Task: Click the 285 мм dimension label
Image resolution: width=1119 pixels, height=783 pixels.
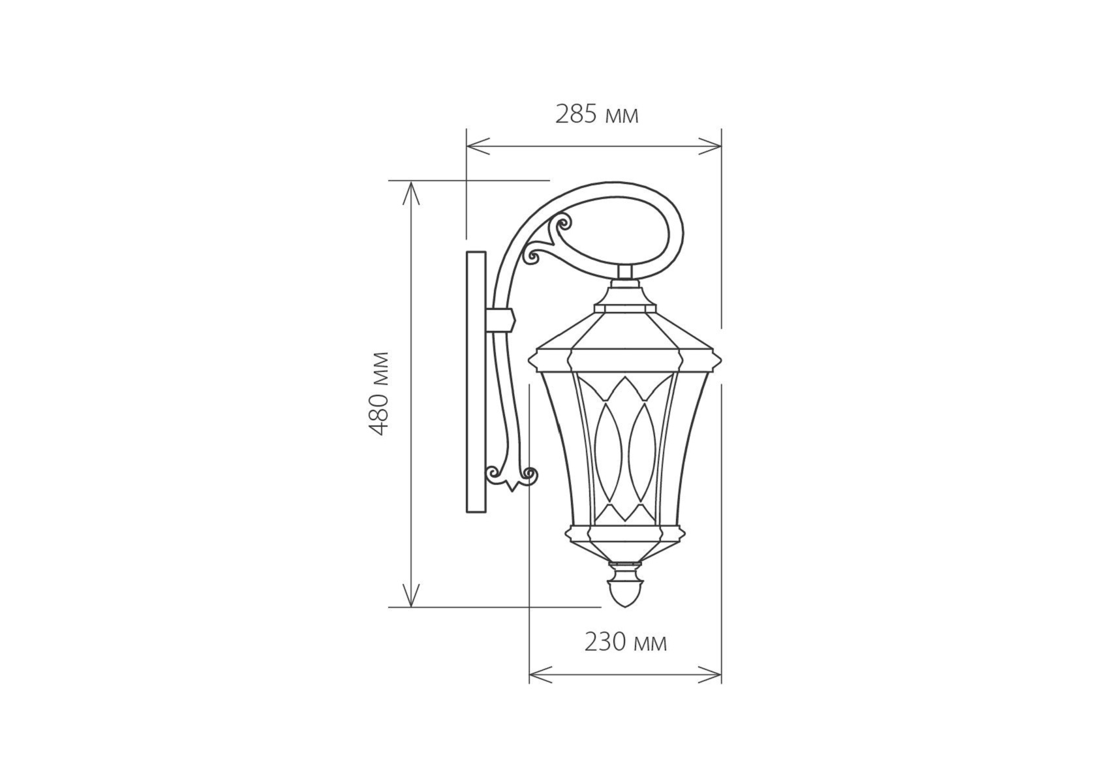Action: (596, 114)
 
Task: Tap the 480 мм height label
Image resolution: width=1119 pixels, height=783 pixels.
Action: (378, 394)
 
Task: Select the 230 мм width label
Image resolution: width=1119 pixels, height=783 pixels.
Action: (625, 643)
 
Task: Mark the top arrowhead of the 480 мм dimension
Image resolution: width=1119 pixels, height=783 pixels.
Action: (411, 193)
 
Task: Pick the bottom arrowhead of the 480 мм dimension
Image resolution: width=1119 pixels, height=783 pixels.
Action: (411, 595)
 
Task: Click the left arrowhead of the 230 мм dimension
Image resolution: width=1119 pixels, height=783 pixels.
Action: (541, 675)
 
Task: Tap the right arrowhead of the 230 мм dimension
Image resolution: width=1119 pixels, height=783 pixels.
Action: (710, 675)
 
